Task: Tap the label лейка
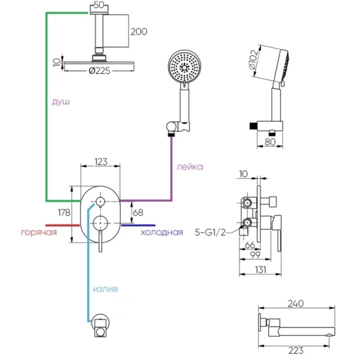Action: tap(189, 167)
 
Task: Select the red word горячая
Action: tap(39, 232)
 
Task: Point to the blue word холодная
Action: tap(162, 232)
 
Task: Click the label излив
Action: tap(105, 289)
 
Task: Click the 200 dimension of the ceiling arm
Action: tap(139, 31)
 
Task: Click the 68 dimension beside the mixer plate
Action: tap(138, 212)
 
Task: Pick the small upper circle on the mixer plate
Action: tap(100, 201)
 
